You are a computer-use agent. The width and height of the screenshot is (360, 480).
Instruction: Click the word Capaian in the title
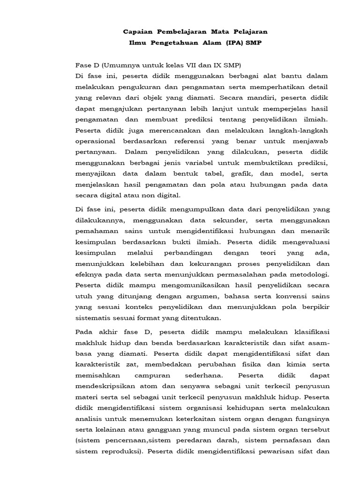(139, 32)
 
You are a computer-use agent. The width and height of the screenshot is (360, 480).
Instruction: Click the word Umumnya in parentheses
(114, 65)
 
